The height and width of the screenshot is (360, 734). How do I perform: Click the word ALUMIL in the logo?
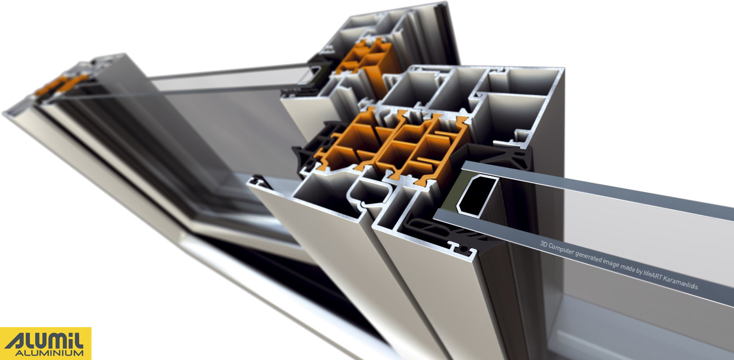click(44, 341)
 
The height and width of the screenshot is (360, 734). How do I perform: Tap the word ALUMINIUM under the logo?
click(49, 353)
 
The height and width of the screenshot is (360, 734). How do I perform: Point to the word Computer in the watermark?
click(561, 249)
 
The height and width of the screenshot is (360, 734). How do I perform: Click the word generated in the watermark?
click(589, 256)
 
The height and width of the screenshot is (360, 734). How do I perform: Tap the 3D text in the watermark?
click(544, 244)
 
